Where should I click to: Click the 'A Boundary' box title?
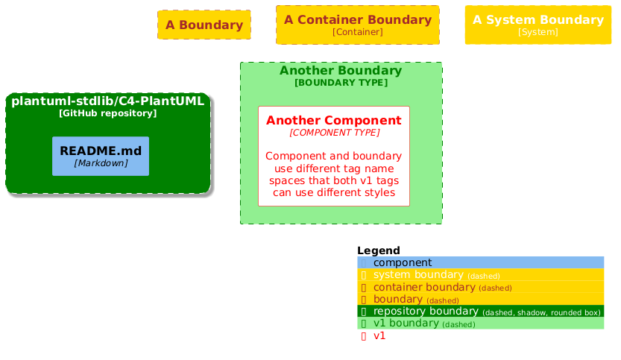(x=204, y=25)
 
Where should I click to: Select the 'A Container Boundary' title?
(x=358, y=19)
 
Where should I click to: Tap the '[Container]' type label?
(x=358, y=32)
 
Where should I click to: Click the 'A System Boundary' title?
(x=538, y=19)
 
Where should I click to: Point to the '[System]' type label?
(x=538, y=32)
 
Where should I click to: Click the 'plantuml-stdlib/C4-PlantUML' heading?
(x=108, y=101)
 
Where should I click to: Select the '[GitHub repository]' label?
(x=108, y=113)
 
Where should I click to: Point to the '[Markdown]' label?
(x=101, y=162)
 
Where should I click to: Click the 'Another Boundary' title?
(x=341, y=71)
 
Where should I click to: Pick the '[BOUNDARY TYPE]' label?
(x=341, y=83)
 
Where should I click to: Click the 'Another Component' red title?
(x=334, y=121)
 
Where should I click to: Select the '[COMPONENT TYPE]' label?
(x=334, y=133)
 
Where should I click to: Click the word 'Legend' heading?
(x=379, y=250)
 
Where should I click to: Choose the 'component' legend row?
(x=403, y=262)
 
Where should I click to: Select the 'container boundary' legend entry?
(x=423, y=287)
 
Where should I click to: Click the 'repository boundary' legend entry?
(x=426, y=312)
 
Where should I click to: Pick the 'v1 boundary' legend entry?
(x=406, y=323)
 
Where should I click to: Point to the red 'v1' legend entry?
(x=379, y=335)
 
